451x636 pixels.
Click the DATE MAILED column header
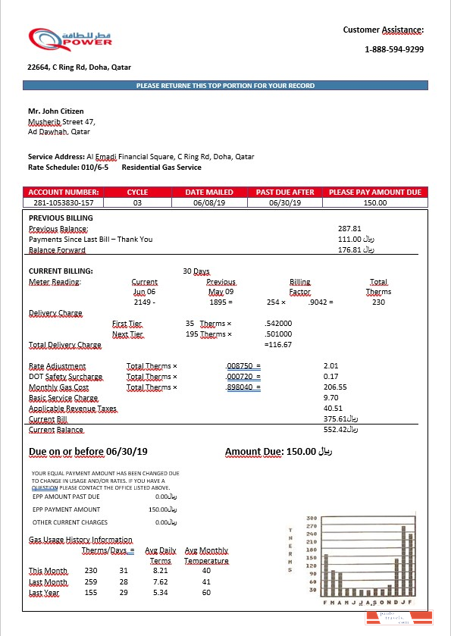(x=209, y=192)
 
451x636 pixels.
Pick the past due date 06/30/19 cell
(x=285, y=202)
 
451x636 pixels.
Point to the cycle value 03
(x=137, y=202)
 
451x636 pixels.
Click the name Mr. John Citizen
(x=56, y=111)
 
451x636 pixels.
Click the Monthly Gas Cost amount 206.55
(x=334, y=387)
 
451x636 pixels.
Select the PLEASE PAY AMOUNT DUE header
(x=374, y=192)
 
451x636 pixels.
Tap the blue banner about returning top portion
(x=225, y=86)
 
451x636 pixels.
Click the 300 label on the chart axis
(x=311, y=519)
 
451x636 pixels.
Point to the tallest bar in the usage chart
(x=403, y=560)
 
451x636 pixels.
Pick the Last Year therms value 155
(x=91, y=593)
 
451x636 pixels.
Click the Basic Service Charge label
(x=63, y=397)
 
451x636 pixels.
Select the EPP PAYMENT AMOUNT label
(x=66, y=509)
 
